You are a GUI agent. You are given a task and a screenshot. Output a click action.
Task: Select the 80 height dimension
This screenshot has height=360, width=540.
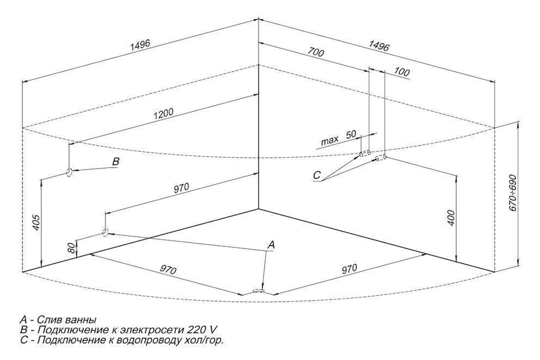[73, 247]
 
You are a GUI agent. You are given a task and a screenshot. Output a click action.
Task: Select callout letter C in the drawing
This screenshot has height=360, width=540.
[317, 175]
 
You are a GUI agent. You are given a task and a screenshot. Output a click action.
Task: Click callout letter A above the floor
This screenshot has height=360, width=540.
[271, 245]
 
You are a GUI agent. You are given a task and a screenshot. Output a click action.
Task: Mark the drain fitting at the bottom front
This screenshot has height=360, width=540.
[260, 292]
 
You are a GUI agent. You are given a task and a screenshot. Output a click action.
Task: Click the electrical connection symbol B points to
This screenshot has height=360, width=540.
[70, 172]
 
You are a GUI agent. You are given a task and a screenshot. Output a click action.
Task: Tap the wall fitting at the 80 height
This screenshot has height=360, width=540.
[105, 233]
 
